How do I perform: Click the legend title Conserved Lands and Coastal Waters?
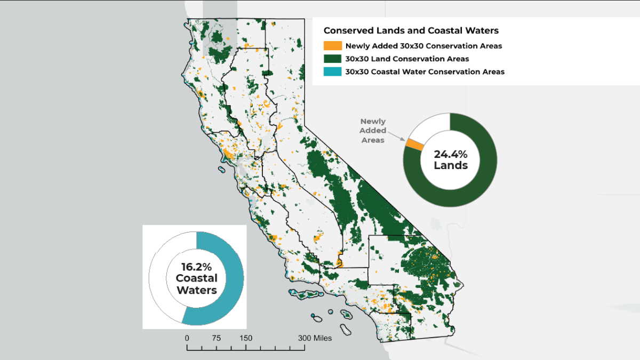pyautogui.click(x=411, y=30)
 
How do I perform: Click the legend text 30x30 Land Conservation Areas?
pyautogui.click(x=407, y=59)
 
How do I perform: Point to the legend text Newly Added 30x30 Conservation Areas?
pyautogui.click(x=423, y=46)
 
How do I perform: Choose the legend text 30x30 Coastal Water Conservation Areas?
pyautogui.click(x=425, y=71)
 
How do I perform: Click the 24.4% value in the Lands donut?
pyautogui.click(x=450, y=154)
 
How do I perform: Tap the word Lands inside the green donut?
pyautogui.click(x=450, y=165)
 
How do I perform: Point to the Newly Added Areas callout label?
pyautogui.click(x=372, y=131)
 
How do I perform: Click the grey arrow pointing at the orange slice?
pyautogui.click(x=397, y=137)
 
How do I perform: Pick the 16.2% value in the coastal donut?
pyautogui.click(x=196, y=266)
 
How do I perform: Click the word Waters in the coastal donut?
pyautogui.click(x=196, y=291)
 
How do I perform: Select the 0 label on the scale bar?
pyautogui.click(x=187, y=338)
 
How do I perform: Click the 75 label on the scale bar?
pyautogui.click(x=216, y=338)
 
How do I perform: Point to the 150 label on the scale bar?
pyautogui.click(x=245, y=338)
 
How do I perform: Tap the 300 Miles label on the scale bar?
pyautogui.click(x=314, y=338)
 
